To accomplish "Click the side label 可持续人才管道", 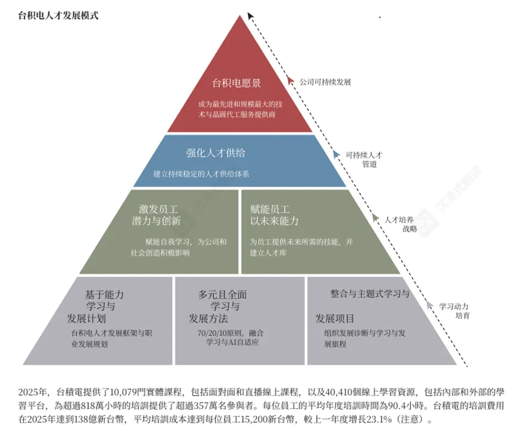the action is [363, 159].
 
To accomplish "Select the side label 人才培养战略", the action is [401, 224].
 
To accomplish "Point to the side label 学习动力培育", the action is [454, 310].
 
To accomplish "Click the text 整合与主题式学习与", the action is [369, 294].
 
